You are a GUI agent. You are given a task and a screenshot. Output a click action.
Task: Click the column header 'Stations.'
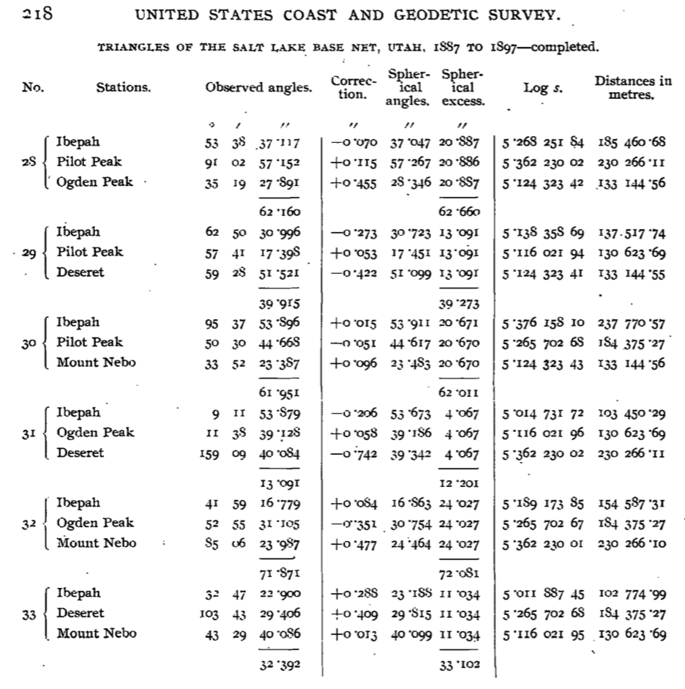point(123,88)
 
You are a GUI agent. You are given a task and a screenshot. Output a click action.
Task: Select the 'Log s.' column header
point(542,88)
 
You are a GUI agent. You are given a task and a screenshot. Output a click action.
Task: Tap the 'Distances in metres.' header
point(633,88)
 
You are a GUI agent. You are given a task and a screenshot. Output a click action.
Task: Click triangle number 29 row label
point(29,253)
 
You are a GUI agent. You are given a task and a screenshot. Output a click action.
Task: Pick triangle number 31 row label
point(29,433)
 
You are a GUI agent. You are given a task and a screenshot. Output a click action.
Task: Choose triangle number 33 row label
point(29,614)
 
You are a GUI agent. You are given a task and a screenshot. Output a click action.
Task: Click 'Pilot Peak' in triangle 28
point(90,162)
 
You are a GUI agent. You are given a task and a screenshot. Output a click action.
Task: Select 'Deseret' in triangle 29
point(81,272)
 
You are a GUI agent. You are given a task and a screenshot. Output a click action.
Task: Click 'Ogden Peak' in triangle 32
point(95,524)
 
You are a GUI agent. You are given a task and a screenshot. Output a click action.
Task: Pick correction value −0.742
point(354,454)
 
